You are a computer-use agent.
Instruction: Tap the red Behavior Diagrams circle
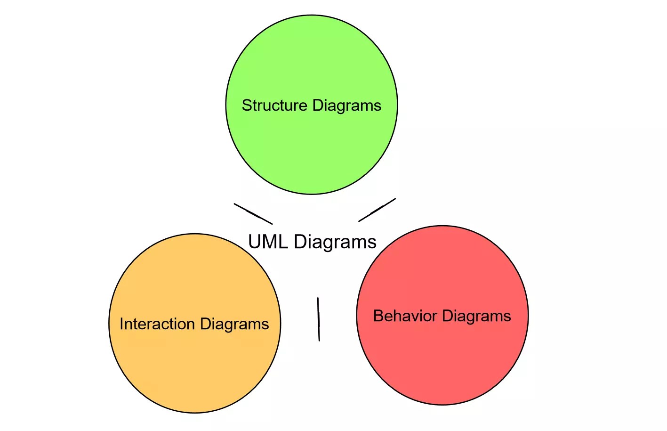point(442,363)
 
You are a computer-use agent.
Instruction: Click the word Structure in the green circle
point(274,105)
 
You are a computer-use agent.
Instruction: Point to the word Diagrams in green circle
point(346,106)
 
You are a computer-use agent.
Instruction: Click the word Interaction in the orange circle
point(157,324)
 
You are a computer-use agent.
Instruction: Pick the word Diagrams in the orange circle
point(234,325)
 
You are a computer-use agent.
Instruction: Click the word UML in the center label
point(267,242)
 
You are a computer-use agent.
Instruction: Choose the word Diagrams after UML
point(335,242)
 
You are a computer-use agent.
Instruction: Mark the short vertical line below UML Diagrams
point(319,319)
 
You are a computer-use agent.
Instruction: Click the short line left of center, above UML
point(253,214)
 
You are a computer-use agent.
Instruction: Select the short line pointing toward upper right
point(377,210)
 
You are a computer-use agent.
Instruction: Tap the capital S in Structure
point(246,105)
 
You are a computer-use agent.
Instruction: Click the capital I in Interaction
point(121,324)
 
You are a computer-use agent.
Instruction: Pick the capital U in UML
point(255,242)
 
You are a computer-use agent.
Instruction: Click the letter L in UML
point(282,242)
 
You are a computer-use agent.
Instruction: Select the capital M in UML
point(269,242)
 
